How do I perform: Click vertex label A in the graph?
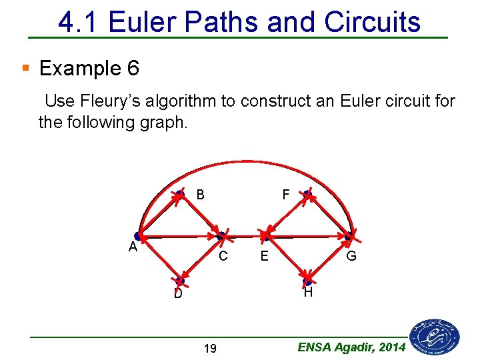coord(133,247)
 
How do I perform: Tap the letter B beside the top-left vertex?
coord(200,195)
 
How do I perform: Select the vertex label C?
coord(223,255)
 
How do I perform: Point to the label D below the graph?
coord(178,294)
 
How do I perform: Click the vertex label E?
coord(265,256)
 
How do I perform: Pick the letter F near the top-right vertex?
coord(285,195)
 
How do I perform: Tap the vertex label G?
coord(351,256)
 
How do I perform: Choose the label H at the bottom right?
coord(307,293)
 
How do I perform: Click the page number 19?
coord(210,348)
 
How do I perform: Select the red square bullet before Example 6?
coord(25,68)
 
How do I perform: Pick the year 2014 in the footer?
coord(393,347)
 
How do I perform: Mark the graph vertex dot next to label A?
coord(138,236)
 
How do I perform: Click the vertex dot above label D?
coord(179,281)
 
